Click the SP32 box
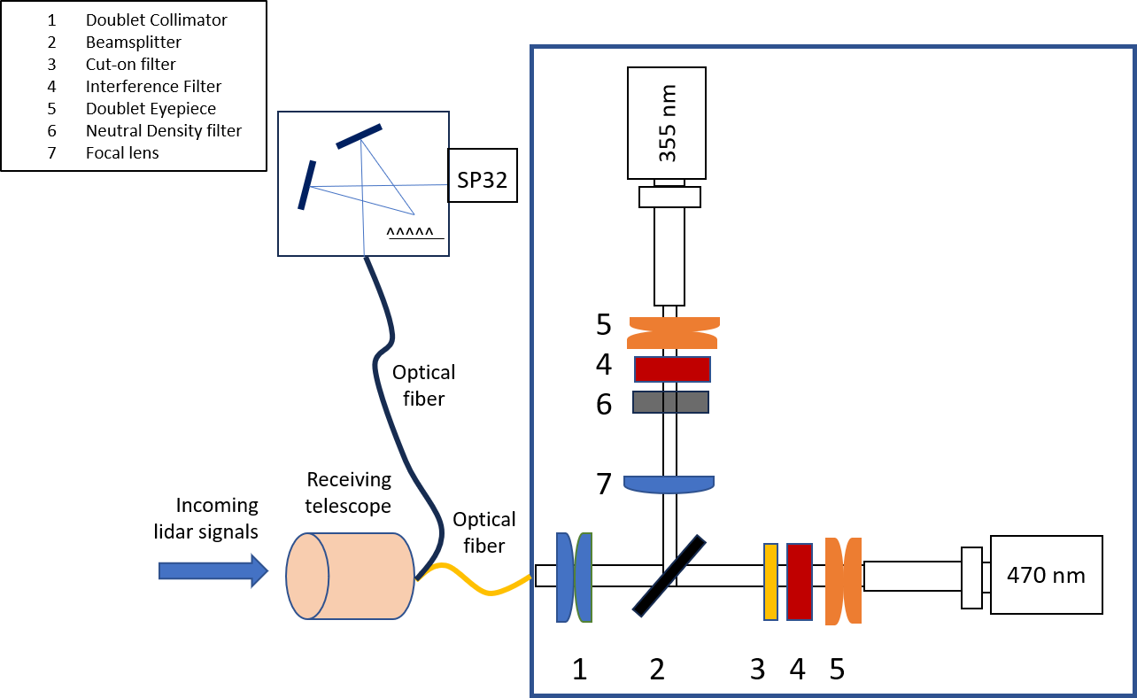482,174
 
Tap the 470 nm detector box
1046,575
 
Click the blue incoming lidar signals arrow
213,570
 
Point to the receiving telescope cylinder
350,576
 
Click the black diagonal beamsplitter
669,575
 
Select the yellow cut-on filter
770,581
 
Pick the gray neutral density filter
670,402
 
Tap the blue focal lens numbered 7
669,483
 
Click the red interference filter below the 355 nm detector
672,368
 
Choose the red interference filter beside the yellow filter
800,581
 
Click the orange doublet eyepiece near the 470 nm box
842,581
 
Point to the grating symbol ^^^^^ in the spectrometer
410,233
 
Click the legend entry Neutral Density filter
164,130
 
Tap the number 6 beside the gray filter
604,404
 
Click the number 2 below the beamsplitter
656,670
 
